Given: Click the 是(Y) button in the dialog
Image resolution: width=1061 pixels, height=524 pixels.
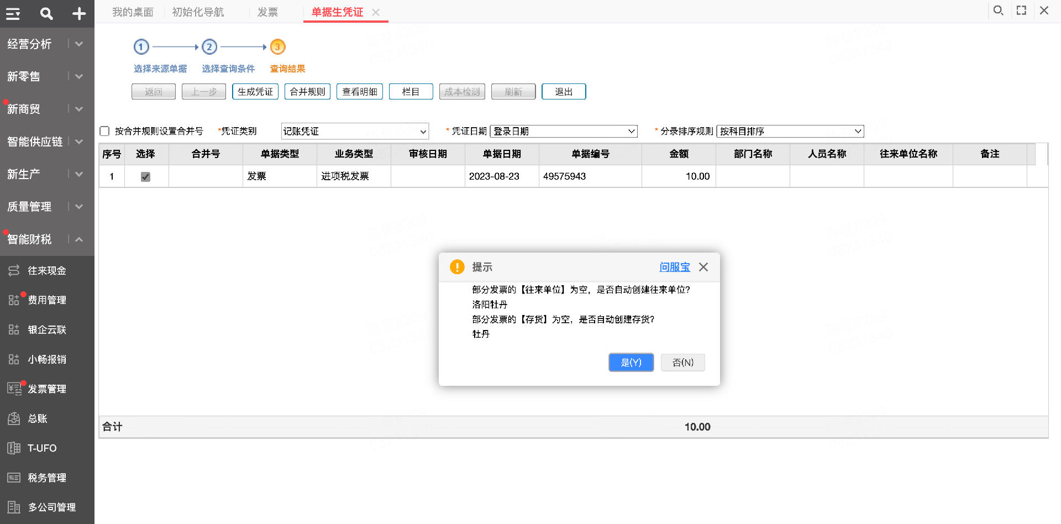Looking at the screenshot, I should pos(631,363).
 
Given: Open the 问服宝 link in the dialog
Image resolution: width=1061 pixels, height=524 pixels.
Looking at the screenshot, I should pos(674,267).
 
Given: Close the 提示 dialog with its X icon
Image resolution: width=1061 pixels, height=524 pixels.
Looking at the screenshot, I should pos(703,267).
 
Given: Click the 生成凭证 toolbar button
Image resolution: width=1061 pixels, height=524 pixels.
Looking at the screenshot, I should pos(255,92).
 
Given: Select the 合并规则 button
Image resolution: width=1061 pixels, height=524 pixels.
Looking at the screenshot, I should pos(307,92).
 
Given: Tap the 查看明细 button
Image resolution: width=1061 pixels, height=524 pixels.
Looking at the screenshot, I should pos(359,92).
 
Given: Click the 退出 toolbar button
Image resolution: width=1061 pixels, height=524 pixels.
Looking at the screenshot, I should pos(564,92).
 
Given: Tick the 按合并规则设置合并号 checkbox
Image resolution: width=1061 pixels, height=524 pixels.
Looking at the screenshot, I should pos(104,131).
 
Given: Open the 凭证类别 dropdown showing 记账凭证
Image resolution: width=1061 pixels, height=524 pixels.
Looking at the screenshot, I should pos(355,131).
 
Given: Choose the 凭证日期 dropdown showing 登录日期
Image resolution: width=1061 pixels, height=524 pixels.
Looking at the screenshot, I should pos(564,131).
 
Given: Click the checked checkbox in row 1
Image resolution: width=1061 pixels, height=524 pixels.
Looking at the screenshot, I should pos(146,177).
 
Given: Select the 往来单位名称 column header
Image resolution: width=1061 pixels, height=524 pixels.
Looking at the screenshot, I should pos(908,154).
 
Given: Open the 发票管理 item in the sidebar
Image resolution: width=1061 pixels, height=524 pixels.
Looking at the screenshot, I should pos(47,389).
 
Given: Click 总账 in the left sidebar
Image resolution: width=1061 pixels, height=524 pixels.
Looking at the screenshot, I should pos(38,418).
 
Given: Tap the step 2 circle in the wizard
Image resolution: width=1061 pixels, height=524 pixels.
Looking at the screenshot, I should pos(209,47).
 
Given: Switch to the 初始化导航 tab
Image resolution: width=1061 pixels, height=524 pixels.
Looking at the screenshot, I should pos(198,12).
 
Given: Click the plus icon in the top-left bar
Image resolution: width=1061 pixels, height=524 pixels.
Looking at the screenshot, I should pos(79,14).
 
